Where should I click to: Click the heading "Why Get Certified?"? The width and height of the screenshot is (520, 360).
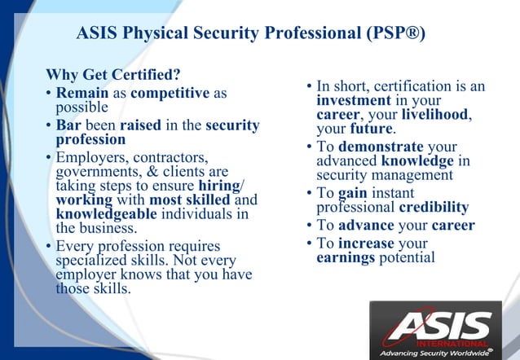[113, 77]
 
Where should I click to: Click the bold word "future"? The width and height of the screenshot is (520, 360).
[372, 129]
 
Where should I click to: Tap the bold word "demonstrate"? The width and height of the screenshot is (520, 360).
[376, 147]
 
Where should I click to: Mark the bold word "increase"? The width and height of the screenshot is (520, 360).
[366, 243]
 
